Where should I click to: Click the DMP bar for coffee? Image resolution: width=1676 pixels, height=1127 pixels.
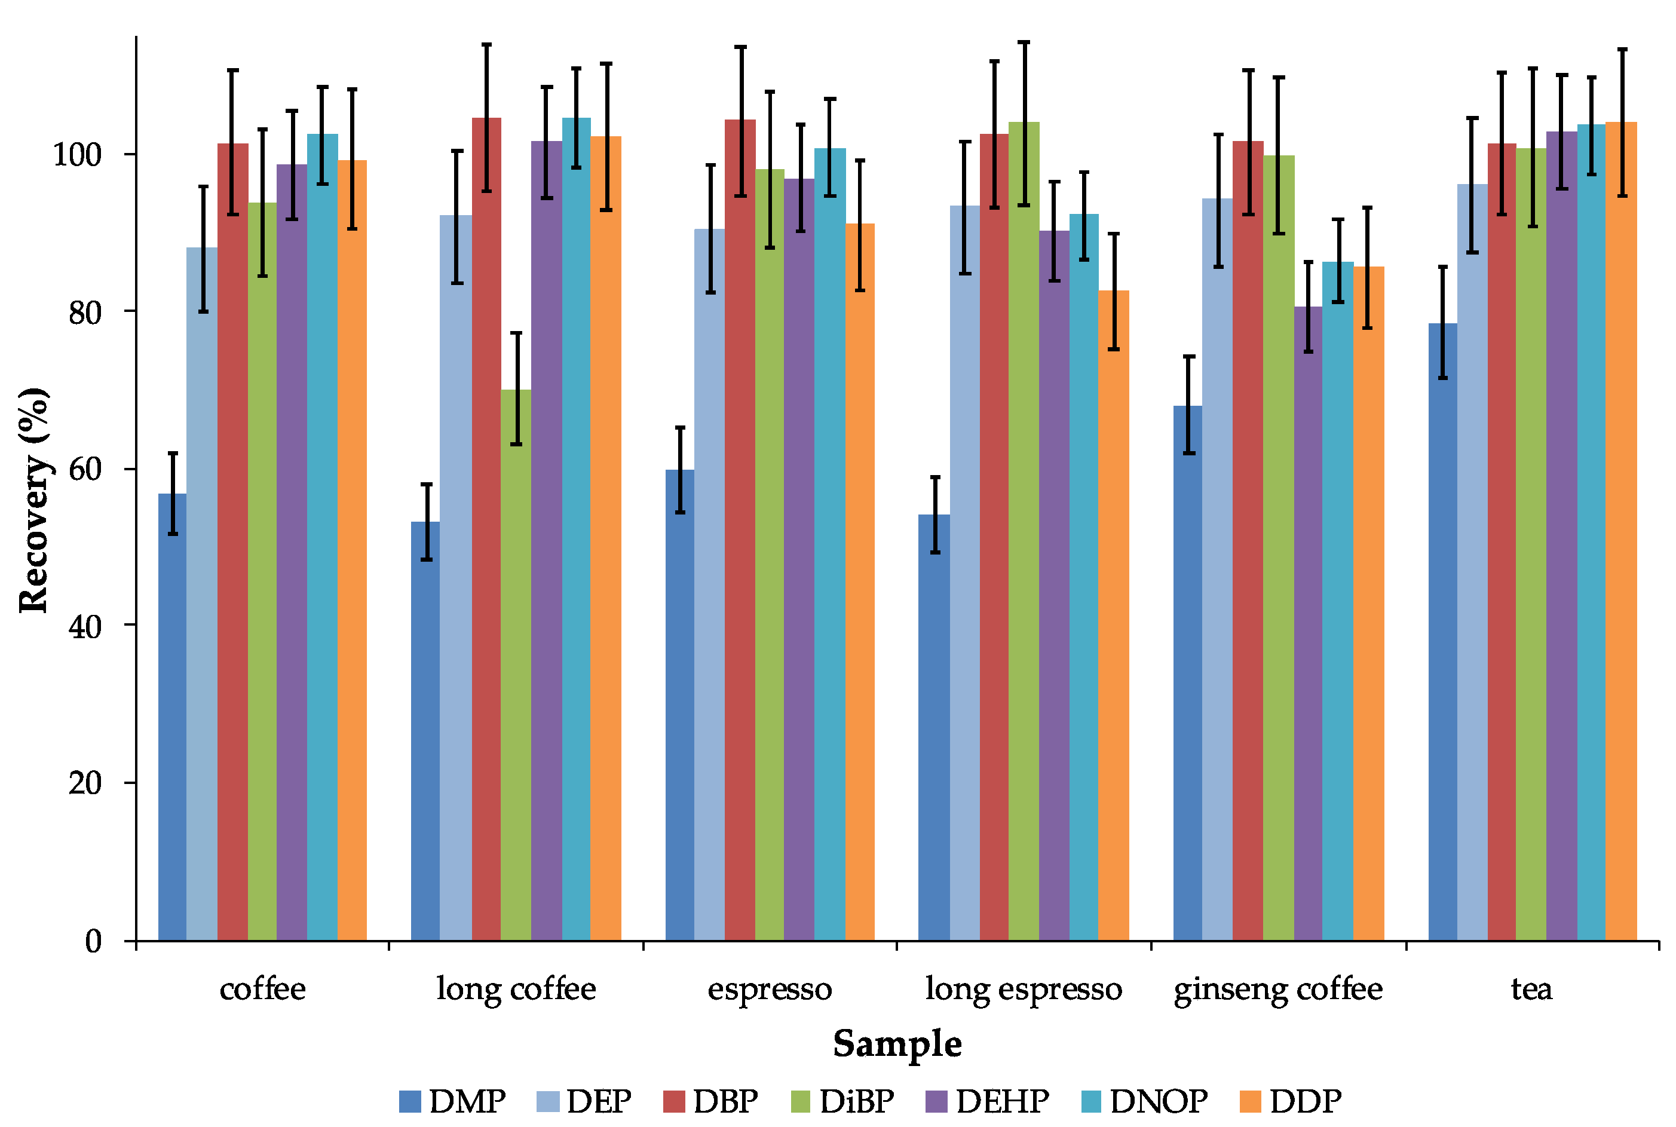[173, 716]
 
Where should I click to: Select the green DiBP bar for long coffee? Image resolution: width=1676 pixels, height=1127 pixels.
[516, 665]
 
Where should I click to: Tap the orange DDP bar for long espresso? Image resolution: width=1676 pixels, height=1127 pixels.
[1113, 615]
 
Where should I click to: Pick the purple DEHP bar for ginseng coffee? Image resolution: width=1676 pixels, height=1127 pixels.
[1308, 623]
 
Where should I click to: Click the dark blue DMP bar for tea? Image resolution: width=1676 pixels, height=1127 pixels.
[1442, 632]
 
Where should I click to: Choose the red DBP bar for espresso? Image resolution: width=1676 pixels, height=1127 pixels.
[740, 529]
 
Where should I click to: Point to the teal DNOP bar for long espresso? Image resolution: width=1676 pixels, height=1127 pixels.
[1084, 577]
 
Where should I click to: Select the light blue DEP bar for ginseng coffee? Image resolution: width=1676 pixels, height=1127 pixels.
[1218, 569]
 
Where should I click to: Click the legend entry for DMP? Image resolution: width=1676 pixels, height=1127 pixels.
[453, 1101]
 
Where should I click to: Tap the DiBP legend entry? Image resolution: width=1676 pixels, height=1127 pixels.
[842, 1101]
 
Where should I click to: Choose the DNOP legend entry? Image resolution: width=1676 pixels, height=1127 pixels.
[1145, 1101]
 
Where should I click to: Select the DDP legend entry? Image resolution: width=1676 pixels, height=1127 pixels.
[1291, 1101]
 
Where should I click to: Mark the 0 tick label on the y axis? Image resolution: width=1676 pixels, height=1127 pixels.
[93, 941]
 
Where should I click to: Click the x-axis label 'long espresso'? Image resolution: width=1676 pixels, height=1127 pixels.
[1024, 990]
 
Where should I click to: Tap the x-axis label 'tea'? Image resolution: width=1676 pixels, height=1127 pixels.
[1531, 990]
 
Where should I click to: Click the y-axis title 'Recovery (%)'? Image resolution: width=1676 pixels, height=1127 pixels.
[34, 500]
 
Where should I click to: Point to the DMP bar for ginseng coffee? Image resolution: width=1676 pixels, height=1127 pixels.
[1188, 673]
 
